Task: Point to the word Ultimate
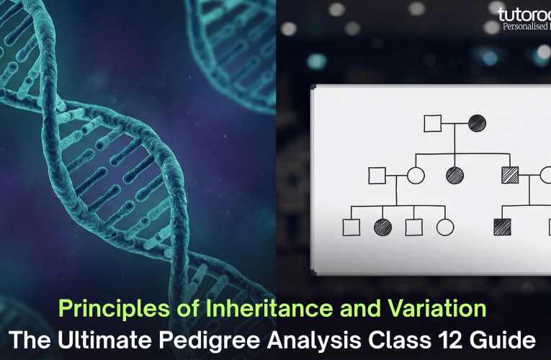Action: [125, 338]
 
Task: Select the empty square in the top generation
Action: [432, 122]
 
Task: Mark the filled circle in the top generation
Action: [476, 122]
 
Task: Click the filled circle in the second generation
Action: [454, 175]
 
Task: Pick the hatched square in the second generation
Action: [509, 175]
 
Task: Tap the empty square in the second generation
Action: [377, 175]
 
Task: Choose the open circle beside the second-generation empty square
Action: [415, 175]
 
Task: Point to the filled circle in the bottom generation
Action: [382, 227]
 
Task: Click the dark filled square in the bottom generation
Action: [502, 227]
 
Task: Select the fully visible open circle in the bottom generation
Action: [445, 227]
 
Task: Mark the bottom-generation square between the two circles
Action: [413, 227]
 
